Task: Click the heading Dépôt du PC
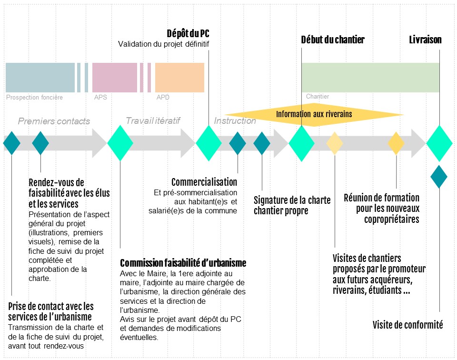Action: click(x=188, y=33)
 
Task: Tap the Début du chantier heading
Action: click(x=333, y=40)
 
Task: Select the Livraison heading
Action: click(x=425, y=40)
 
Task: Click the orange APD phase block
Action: click(x=179, y=78)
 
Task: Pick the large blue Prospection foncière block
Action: click(x=40, y=78)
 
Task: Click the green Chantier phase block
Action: click(x=370, y=78)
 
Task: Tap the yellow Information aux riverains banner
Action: click(x=314, y=114)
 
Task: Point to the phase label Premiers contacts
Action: click(x=54, y=121)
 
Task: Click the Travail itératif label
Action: click(x=153, y=120)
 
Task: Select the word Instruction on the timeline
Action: click(x=235, y=120)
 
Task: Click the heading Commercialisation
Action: click(x=204, y=182)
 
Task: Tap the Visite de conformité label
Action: click(x=408, y=325)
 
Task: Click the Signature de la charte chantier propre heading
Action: click(x=292, y=205)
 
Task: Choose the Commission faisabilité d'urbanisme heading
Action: click(x=183, y=263)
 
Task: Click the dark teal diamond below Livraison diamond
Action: click(x=439, y=177)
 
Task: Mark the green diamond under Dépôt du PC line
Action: click(x=209, y=143)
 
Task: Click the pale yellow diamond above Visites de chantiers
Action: click(x=335, y=143)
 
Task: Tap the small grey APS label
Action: click(x=100, y=97)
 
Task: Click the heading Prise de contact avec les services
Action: click(x=51, y=311)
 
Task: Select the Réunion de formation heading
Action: click(x=381, y=208)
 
